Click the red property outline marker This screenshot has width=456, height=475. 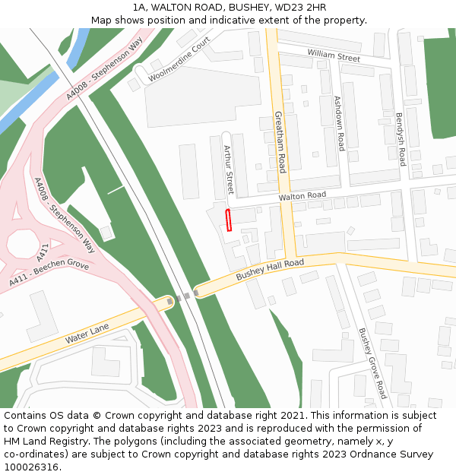(x=229, y=220)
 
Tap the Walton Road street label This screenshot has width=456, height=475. (x=302, y=196)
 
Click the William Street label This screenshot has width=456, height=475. (x=334, y=55)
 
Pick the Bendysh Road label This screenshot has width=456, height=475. (x=401, y=140)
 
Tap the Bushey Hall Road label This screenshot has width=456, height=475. (x=270, y=269)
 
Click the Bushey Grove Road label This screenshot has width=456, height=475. (x=373, y=363)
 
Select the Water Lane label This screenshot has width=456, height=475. (x=88, y=332)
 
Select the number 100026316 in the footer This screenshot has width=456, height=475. (x=31, y=467)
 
